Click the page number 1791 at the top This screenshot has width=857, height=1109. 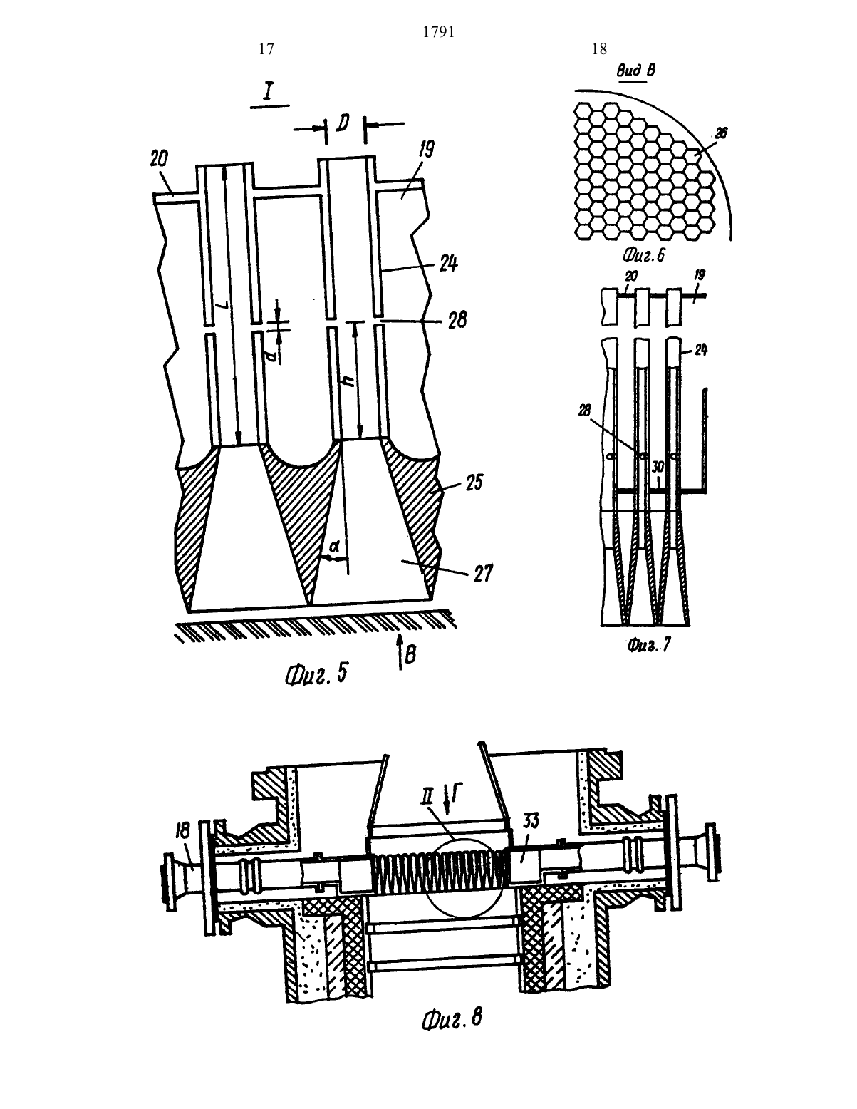click(439, 32)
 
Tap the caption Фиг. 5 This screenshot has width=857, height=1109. click(316, 675)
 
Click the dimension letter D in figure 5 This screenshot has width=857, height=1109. click(344, 122)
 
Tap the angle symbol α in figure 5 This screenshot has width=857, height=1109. click(334, 547)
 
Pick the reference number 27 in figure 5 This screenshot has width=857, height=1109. click(482, 574)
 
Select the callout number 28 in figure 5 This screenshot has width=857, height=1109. click(457, 320)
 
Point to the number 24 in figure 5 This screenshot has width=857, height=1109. click(448, 263)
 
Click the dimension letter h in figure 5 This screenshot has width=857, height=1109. click(348, 379)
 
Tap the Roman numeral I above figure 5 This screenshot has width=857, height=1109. click(269, 92)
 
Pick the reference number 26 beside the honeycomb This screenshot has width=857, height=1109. click(721, 133)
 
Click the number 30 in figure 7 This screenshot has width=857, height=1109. click(658, 466)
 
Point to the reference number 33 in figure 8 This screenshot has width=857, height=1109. click(531, 821)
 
